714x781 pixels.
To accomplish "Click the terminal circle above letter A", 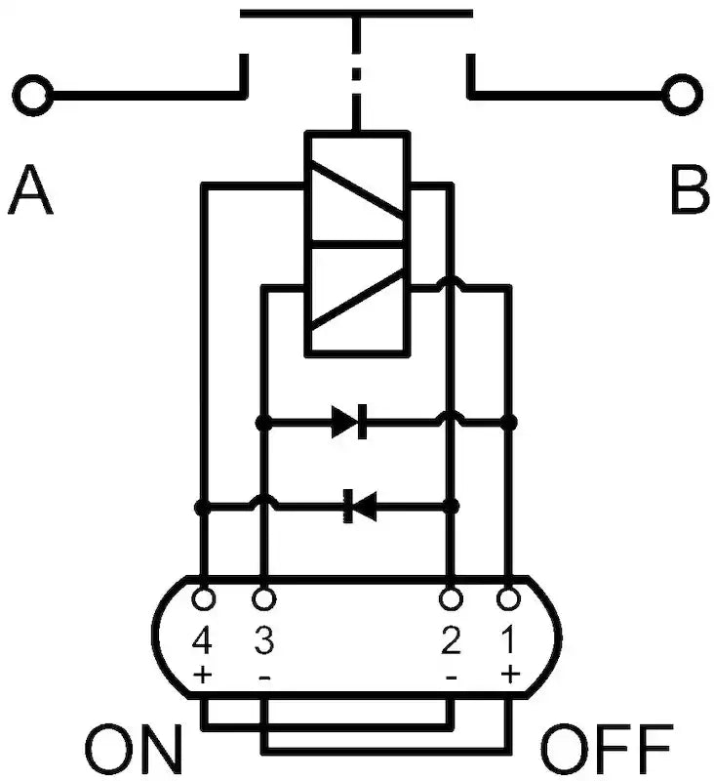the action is click(33, 95).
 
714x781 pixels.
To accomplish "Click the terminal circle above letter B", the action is click(682, 95).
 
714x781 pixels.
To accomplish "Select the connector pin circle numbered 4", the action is click(203, 598).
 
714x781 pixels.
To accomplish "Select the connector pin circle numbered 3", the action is click(263, 598).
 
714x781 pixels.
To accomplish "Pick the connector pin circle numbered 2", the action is click(451, 598).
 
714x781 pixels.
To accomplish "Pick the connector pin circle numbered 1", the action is click(508, 598).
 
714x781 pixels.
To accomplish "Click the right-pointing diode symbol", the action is click(350, 422).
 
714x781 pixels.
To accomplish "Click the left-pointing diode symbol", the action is click(360, 507).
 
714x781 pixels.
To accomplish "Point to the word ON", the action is click(135, 751).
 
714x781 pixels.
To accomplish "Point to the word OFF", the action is click(607, 751).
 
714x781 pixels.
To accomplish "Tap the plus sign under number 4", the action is click(203, 676).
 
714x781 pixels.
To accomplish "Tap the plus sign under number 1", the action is click(510, 675).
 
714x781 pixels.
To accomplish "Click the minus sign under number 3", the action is click(264, 678).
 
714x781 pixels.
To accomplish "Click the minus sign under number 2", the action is click(452, 678).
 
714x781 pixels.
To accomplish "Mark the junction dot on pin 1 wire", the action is click(508, 423).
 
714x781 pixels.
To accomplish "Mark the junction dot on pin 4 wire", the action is click(202, 508).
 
